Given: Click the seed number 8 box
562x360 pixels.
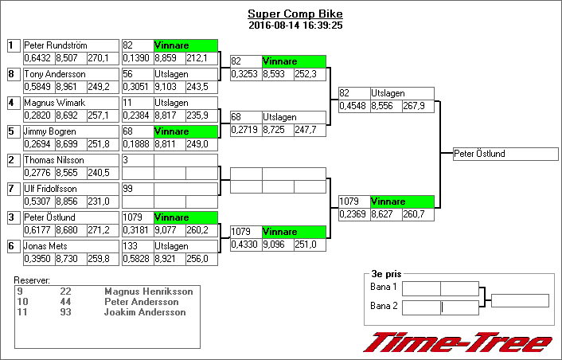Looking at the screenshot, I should click(12, 74).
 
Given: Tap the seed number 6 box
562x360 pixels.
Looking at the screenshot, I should click(12, 246).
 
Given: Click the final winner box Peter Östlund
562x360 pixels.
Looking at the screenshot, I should click(505, 154).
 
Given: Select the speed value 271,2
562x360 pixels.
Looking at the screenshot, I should click(99, 230).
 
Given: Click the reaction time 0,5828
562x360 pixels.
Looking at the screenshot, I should click(137, 259).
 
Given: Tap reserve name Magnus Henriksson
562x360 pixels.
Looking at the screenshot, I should click(148, 292).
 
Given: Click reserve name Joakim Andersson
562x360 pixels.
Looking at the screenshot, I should click(145, 312).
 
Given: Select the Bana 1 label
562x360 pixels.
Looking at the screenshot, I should click(384, 287).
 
